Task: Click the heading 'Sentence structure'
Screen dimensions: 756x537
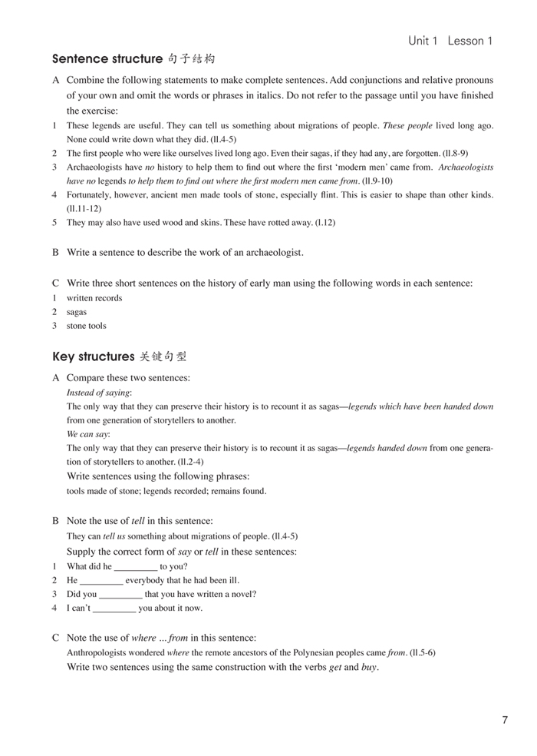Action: point(107,58)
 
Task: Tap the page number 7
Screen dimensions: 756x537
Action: point(504,720)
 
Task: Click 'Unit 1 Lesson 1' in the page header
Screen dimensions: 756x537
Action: point(450,41)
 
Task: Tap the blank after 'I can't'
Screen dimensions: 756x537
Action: point(114,608)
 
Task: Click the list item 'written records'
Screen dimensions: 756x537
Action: point(94,298)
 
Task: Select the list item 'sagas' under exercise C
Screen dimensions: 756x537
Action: point(77,312)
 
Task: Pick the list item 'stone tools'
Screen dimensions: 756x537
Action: point(87,326)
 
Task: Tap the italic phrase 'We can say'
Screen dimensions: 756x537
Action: point(88,434)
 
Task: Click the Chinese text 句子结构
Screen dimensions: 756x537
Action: point(191,58)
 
